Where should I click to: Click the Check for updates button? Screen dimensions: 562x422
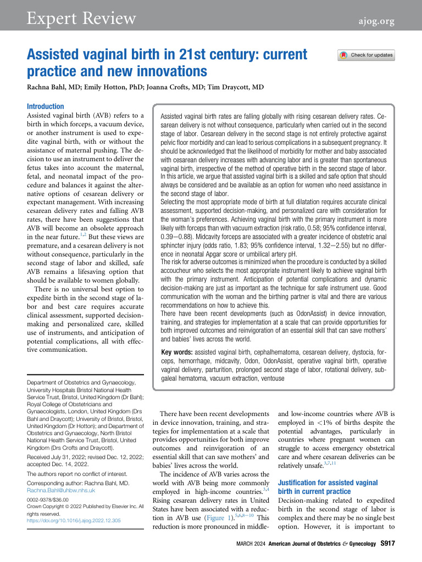tap(367, 55)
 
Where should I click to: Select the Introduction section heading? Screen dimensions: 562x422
tap(46, 106)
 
